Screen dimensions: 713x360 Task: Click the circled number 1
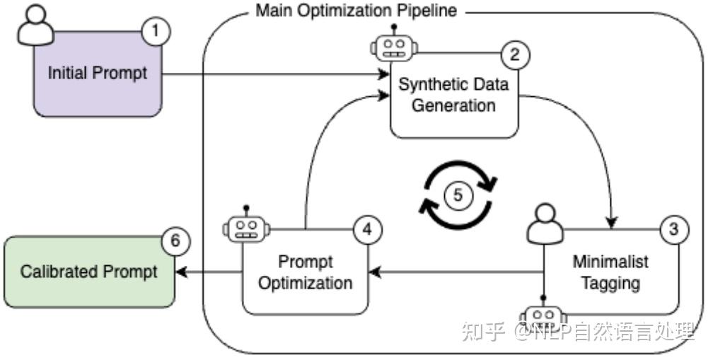coord(156,31)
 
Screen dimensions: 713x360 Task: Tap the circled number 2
coord(515,55)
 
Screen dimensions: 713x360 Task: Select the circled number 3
coord(673,229)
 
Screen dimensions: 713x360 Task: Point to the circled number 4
coord(367,230)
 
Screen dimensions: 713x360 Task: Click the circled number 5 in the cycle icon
coord(458,195)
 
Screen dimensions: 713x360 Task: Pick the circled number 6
coord(175,240)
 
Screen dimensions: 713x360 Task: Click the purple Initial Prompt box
coord(98,74)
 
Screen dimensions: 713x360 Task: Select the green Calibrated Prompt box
coord(90,272)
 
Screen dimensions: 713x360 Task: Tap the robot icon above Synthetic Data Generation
coord(394,44)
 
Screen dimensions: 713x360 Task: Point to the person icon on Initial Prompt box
coord(35,25)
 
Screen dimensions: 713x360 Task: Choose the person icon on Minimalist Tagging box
coord(545,223)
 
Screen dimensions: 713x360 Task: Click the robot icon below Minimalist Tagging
coord(543,313)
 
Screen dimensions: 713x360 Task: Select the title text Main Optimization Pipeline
coord(356,10)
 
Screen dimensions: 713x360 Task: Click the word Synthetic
coord(427,85)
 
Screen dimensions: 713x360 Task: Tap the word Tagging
coord(610,283)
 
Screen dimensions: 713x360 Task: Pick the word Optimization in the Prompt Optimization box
coord(305,283)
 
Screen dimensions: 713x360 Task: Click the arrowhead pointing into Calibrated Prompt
coord(181,272)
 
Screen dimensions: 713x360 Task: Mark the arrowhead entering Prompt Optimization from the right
coord(374,272)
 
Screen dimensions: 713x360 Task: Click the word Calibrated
coord(59,272)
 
